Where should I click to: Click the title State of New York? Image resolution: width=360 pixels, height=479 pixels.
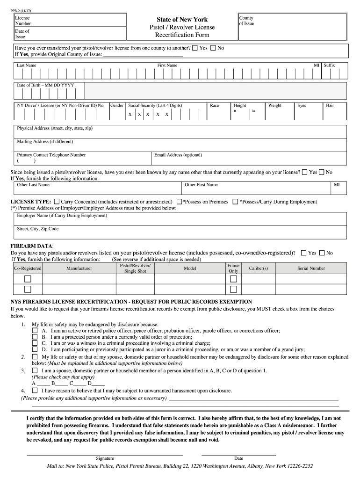182,19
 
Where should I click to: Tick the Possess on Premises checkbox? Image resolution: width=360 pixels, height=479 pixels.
179,202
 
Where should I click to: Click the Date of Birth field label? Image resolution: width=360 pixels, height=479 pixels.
45,85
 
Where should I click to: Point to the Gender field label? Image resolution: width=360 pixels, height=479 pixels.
117,105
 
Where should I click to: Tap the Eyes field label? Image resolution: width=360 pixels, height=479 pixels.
302,105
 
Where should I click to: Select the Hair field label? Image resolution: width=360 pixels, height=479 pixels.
330,105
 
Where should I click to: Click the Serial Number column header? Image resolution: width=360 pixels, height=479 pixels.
311,269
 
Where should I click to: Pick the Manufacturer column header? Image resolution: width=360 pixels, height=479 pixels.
79,269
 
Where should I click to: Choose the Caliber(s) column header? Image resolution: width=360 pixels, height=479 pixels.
259,269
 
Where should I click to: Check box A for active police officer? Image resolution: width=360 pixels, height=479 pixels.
35,331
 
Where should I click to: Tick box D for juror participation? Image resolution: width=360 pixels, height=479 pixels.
35,349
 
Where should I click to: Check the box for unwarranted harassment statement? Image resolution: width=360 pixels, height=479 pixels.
35,391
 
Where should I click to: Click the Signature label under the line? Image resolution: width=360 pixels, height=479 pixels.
105,458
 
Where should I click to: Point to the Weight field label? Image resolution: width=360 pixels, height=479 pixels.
274,105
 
